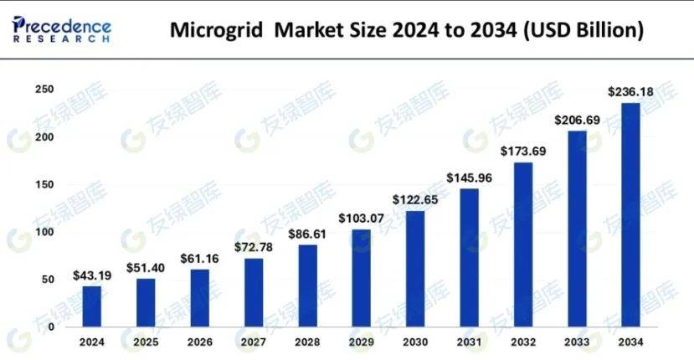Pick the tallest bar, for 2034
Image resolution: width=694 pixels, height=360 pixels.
[630, 214]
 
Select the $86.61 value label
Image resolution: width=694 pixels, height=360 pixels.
[308, 234]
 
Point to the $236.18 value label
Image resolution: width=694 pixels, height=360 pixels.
[630, 91]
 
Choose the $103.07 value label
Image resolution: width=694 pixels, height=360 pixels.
[362, 219]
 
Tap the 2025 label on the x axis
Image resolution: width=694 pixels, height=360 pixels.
[146, 343]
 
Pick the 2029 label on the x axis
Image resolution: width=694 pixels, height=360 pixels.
[362, 343]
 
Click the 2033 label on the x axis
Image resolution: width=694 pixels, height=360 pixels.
[576, 343]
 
